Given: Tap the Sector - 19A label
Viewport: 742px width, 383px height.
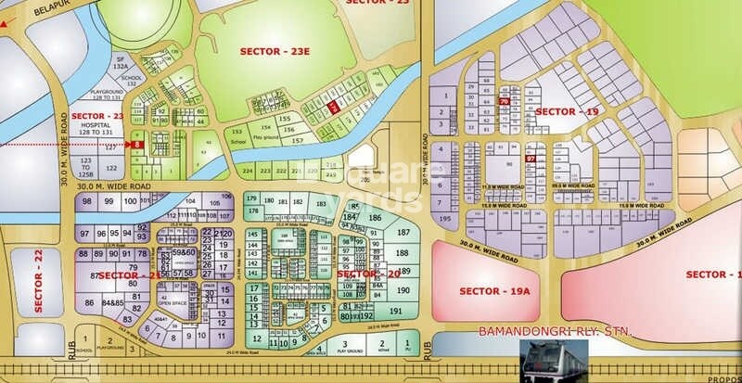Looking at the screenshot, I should tap(493, 291).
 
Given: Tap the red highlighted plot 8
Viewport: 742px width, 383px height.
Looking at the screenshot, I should tap(136, 146).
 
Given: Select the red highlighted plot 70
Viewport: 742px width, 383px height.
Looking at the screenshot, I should tap(504, 101).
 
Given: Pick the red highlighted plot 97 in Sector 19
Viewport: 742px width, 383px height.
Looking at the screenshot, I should tap(531, 160).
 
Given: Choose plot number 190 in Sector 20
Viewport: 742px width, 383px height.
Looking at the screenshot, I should tap(403, 290).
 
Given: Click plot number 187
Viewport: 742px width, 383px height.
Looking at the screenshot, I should tap(403, 232).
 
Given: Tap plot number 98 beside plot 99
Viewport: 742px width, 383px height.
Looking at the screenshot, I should tap(87, 201).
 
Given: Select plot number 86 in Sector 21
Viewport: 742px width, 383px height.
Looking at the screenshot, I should tap(89, 302).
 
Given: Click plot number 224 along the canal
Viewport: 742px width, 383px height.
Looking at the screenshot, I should tap(248, 172).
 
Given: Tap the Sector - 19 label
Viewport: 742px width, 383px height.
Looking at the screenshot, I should tap(569, 111).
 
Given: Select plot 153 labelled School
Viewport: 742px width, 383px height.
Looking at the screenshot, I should tap(240, 133).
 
